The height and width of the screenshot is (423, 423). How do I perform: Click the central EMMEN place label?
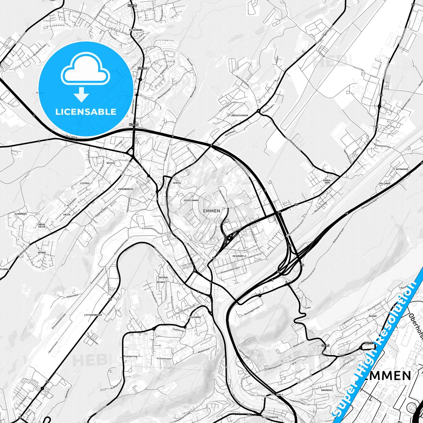point(211,211)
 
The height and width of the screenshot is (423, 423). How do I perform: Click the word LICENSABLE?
point(86,112)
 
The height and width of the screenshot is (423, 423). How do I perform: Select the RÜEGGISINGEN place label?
point(239,116)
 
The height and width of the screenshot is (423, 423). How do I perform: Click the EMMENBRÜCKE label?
point(126,189)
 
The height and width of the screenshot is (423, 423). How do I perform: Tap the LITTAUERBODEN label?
point(93,315)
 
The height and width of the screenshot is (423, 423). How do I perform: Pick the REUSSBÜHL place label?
point(195,317)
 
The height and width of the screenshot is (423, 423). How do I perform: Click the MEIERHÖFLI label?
point(239,256)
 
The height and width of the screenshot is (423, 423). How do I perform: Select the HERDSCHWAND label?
point(191,201)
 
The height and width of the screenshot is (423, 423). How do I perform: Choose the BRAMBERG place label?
point(327,390)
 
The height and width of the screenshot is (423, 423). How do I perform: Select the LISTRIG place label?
point(85,183)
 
